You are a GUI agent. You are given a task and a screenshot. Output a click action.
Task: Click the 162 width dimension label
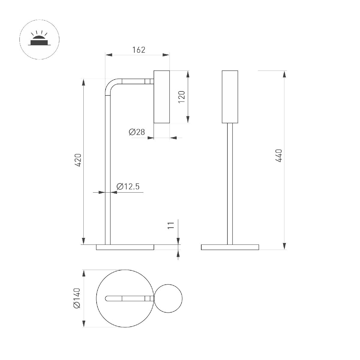139,50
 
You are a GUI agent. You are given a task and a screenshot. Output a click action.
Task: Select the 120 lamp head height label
182,97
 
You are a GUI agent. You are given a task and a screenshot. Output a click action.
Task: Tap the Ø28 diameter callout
137,132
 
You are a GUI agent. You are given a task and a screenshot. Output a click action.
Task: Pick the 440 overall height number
279,156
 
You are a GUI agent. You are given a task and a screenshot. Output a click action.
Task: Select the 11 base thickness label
171,225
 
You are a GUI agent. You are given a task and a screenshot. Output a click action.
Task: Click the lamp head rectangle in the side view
162,97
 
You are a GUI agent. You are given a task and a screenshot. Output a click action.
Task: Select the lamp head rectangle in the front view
230,97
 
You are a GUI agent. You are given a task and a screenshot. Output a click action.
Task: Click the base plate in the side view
125,247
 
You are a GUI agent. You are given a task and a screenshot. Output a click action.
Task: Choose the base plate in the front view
230,247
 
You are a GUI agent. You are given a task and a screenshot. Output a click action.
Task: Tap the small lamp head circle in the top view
168,298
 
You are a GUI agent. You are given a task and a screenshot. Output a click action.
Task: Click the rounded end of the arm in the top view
107,298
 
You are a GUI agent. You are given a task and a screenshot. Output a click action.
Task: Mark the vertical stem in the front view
230,183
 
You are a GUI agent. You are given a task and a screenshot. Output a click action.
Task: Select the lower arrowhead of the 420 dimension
84,241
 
